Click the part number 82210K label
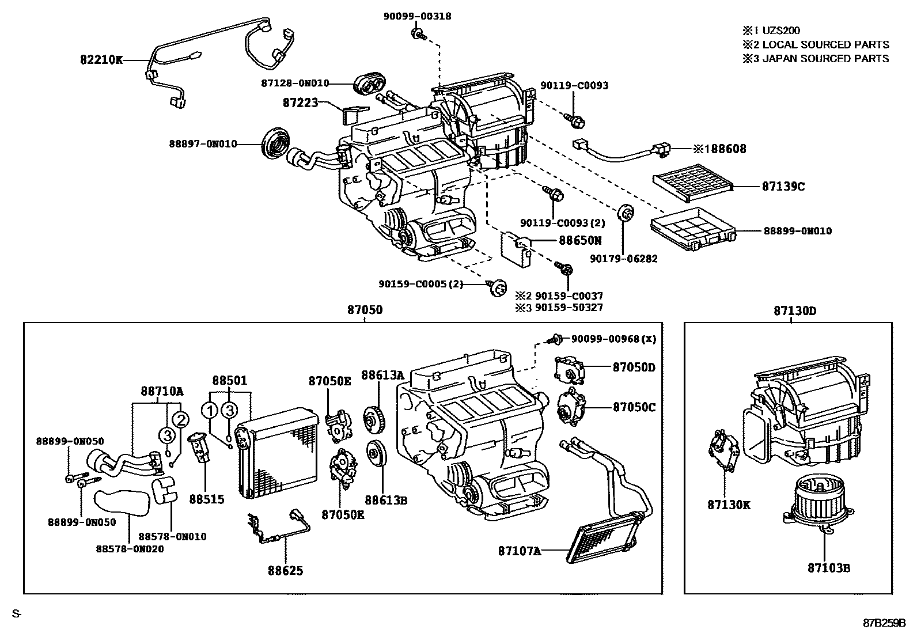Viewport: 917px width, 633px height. point(101,59)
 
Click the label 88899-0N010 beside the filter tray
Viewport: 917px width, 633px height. point(798,231)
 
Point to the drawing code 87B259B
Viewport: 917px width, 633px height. point(884,623)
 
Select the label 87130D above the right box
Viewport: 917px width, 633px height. point(794,311)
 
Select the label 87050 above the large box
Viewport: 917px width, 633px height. point(365,310)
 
